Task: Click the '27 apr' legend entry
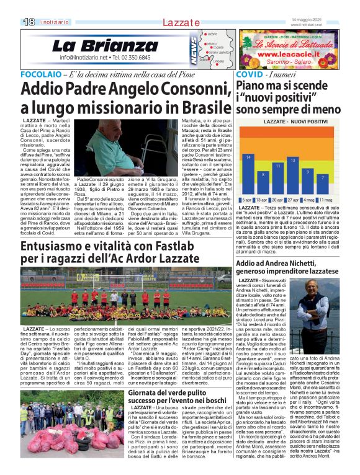click(x=294, y=200)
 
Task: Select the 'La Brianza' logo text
click(x=96, y=47)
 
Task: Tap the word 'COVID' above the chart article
click(x=250, y=74)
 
